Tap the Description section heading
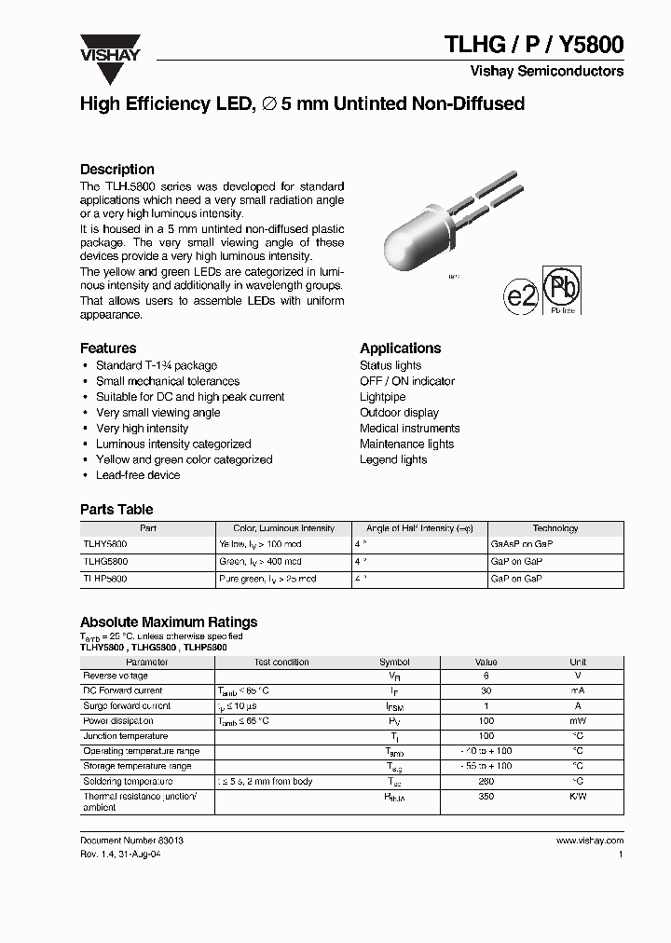(117, 170)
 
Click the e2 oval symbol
(521, 296)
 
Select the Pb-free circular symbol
(562, 290)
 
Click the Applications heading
(400, 348)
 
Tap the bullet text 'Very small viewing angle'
(157, 413)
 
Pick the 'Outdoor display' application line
(399, 413)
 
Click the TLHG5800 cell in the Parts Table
(105, 562)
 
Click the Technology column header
(555, 528)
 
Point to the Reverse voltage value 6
(486, 676)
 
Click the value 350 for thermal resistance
(486, 797)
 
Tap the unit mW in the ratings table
(578, 721)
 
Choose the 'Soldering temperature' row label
(128, 782)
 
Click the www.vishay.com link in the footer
(590, 840)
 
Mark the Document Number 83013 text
(131, 840)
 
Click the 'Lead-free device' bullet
(138, 475)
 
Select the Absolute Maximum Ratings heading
(169, 622)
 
